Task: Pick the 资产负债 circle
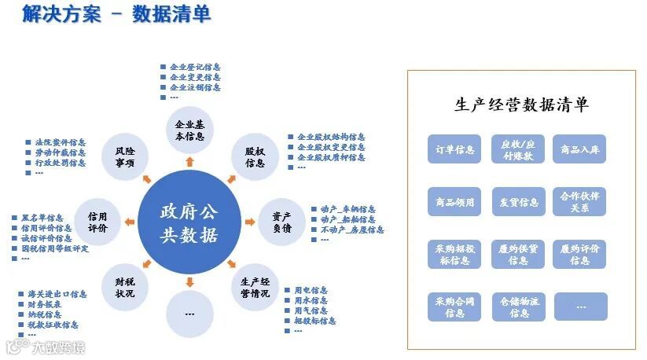pos(281,222)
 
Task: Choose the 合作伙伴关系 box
pos(580,202)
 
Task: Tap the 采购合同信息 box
pos(454,307)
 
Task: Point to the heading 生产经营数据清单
pos(521,105)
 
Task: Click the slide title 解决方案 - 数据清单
pos(116,15)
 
